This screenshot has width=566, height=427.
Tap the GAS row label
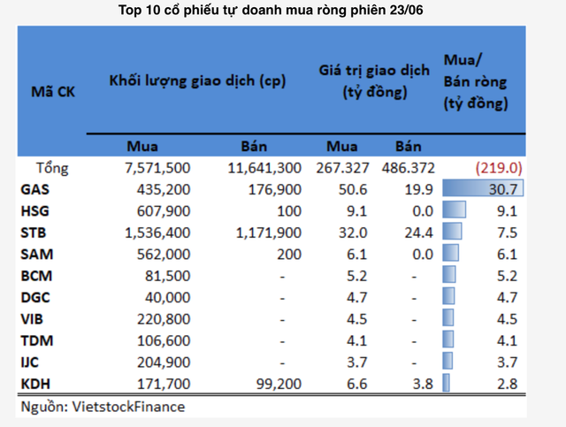35,188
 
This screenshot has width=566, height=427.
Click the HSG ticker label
35,210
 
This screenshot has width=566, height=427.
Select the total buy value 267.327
341,167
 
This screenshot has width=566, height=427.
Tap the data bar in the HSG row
454,210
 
